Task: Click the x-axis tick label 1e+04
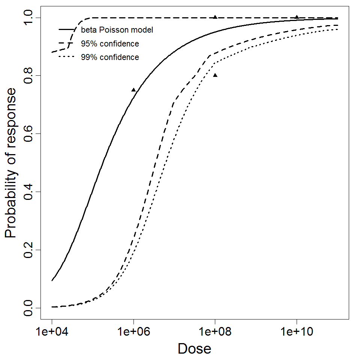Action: pos(52,332)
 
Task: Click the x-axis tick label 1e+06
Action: pos(133,332)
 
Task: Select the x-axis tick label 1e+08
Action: pos(215,332)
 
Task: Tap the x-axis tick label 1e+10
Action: pos(297,332)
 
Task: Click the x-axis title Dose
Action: pos(194,349)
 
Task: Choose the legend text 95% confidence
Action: pos(109,44)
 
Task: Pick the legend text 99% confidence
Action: pos(109,57)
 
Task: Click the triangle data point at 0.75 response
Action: pos(133,90)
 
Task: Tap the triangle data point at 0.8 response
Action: pos(215,75)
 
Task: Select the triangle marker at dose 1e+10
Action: pos(297,17)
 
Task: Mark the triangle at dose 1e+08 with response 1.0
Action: pos(215,17)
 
